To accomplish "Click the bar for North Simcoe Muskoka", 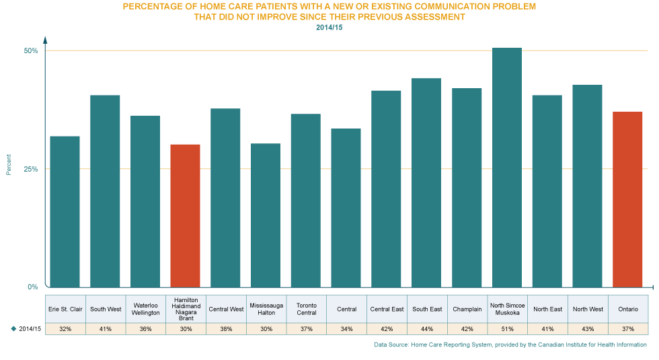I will coord(507,168).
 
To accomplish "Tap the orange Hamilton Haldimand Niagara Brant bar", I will coord(185,215).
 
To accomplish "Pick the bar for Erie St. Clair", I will coord(65,211).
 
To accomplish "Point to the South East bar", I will coord(426,182).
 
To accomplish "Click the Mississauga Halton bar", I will coord(266,215).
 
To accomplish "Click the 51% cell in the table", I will coord(507,328).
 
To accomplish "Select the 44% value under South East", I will coord(426,328).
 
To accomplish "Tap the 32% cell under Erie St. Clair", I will coord(65,328).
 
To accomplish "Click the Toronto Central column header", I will coord(306,309).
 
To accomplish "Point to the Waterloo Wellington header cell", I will coord(145,309).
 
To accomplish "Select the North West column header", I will coord(588,309).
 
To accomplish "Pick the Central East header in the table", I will coord(387,309).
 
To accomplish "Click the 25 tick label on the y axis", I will coord(31,174).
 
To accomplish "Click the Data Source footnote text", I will coord(510,345).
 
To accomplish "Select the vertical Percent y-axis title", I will coord(9,164).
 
